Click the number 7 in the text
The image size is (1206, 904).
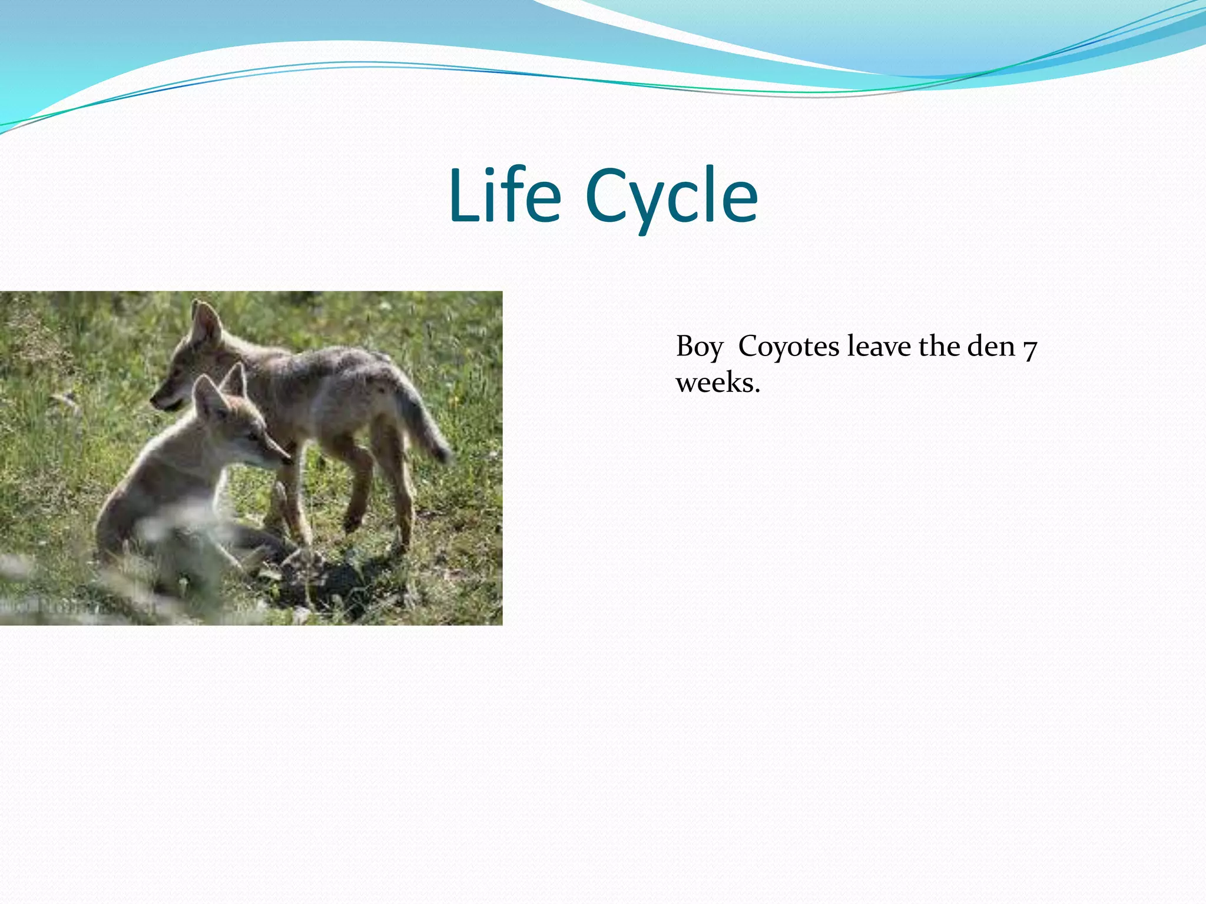coord(1029,348)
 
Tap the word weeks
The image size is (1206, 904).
coord(717,384)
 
